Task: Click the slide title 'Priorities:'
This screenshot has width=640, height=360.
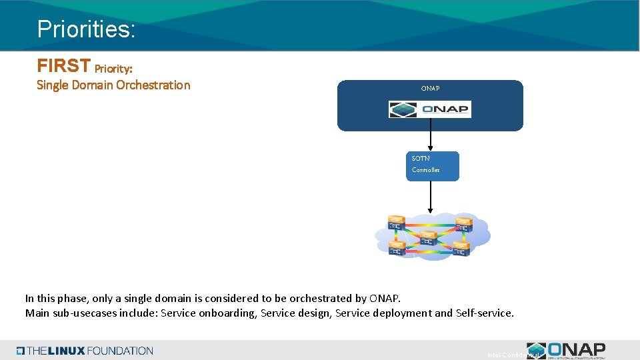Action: pyautogui.click(x=86, y=29)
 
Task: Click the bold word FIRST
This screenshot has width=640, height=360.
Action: pyautogui.click(x=64, y=66)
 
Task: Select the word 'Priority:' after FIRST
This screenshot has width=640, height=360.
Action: pyautogui.click(x=118, y=68)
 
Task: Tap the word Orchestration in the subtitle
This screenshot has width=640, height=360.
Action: pyautogui.click(x=153, y=85)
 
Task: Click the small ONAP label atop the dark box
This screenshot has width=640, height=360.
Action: pyautogui.click(x=430, y=88)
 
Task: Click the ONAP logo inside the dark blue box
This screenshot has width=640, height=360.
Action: pyautogui.click(x=430, y=109)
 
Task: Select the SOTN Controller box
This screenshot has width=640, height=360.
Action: pyautogui.click(x=433, y=166)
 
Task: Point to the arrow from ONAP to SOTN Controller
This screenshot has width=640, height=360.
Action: pyautogui.click(x=431, y=140)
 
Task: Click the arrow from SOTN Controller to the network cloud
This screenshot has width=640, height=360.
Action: pyautogui.click(x=431, y=197)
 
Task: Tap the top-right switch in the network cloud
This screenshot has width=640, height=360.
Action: pyautogui.click(x=463, y=223)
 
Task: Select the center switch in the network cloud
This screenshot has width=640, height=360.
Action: pyautogui.click(x=429, y=238)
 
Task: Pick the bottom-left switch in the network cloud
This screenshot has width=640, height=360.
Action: pyautogui.click(x=397, y=249)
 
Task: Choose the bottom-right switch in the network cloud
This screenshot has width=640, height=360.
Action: pyautogui.click(x=461, y=249)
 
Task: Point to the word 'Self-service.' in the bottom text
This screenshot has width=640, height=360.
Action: pyautogui.click(x=485, y=313)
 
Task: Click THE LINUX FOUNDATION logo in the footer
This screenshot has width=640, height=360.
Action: pyautogui.click(x=85, y=351)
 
